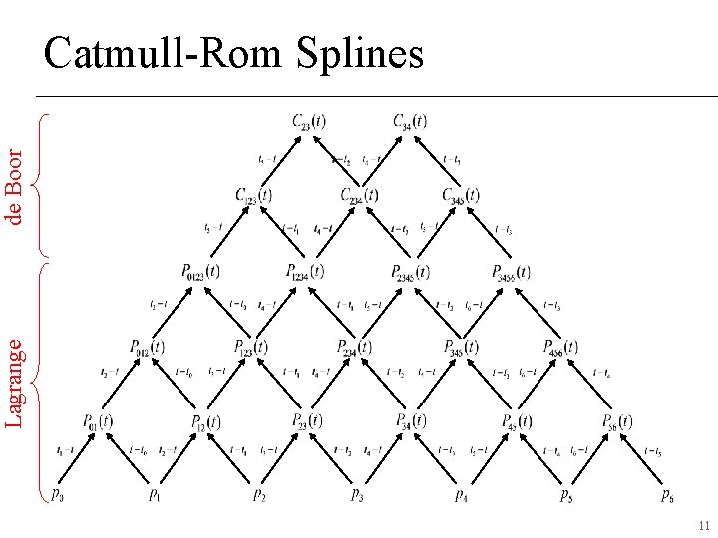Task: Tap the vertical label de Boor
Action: [x=14, y=186]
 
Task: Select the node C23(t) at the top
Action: [x=308, y=122]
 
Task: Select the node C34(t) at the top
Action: [x=410, y=122]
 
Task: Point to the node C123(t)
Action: [x=253, y=196]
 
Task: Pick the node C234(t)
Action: [x=358, y=196]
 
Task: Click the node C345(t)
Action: [x=461, y=196]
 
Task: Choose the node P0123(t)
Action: [x=200, y=271]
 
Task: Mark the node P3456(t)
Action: [x=511, y=271]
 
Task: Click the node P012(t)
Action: [x=147, y=347]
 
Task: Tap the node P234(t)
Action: [x=354, y=347]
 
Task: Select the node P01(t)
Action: [x=98, y=421]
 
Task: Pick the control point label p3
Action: [x=356, y=493]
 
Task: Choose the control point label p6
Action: [x=666, y=493]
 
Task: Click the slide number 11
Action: [x=703, y=525]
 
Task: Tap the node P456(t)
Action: [x=562, y=347]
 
